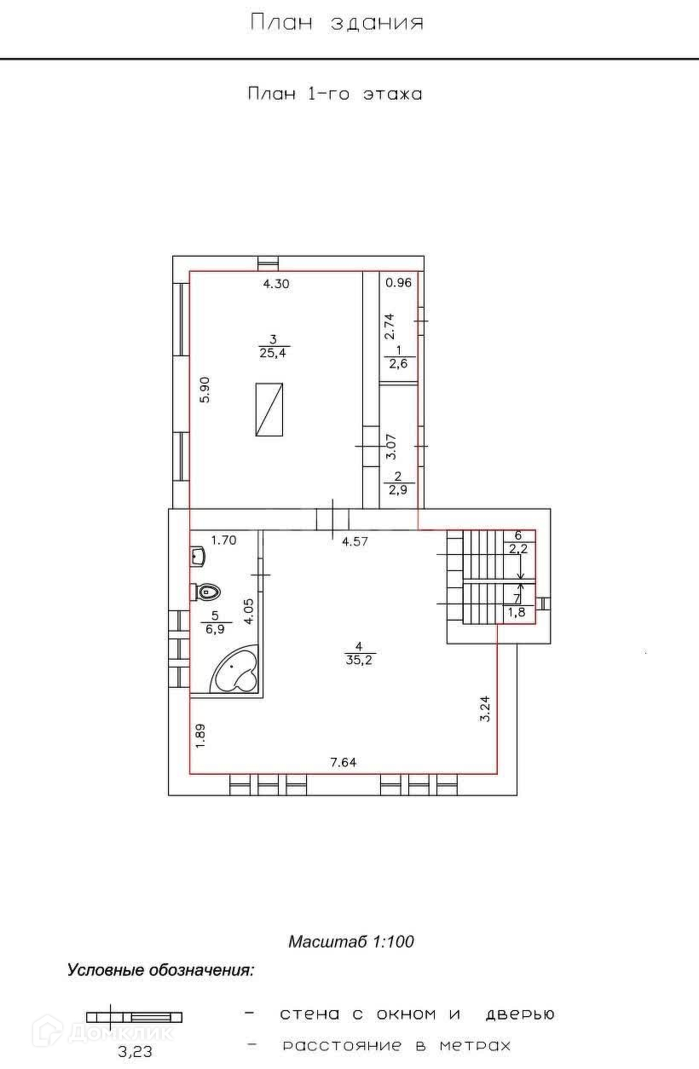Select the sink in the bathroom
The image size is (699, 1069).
(x=198, y=556)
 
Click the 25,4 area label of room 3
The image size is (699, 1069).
(x=274, y=353)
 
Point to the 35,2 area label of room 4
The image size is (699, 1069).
(x=359, y=661)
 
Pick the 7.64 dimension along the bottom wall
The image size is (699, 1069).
(x=343, y=762)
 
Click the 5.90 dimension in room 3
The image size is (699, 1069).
(x=205, y=390)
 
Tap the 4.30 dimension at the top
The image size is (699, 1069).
(x=276, y=284)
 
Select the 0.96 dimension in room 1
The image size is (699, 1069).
(x=398, y=282)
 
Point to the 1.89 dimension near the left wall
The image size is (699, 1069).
(x=200, y=737)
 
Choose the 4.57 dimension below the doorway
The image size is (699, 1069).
(x=355, y=541)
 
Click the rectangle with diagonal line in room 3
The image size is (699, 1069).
(x=269, y=409)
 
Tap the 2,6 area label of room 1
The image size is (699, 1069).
(x=398, y=364)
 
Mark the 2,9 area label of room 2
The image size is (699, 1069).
(x=397, y=489)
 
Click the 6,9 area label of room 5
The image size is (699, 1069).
(x=215, y=629)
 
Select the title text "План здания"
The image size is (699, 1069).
(x=337, y=22)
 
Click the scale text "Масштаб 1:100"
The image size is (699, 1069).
(x=351, y=942)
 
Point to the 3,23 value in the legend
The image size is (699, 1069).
(x=136, y=1051)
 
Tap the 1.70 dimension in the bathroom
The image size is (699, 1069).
(x=224, y=540)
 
